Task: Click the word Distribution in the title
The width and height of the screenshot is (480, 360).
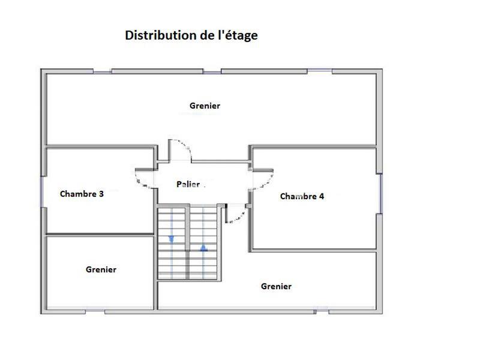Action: (160, 35)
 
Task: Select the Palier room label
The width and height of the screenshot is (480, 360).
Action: (188, 184)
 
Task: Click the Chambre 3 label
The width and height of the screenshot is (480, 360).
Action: (82, 194)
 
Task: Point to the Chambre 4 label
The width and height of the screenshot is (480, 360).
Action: (302, 196)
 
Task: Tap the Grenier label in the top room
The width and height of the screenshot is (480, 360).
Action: (205, 106)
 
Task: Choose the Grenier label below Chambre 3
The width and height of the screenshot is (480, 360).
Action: (101, 269)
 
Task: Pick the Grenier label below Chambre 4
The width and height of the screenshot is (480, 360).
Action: (276, 286)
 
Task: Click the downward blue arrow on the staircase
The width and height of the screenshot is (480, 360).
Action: (172, 239)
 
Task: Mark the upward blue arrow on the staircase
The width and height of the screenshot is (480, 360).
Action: (203, 246)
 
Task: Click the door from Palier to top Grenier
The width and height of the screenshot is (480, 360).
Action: (179, 150)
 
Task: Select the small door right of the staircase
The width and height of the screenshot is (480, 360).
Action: (236, 214)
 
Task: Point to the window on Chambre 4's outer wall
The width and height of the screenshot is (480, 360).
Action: (380, 193)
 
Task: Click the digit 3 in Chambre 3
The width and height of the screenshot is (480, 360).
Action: (101, 194)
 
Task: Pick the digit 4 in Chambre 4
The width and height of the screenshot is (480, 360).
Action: (322, 196)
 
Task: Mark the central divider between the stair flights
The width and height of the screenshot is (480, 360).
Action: (188, 242)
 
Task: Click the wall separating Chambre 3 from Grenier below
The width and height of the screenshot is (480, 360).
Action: (100, 234)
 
